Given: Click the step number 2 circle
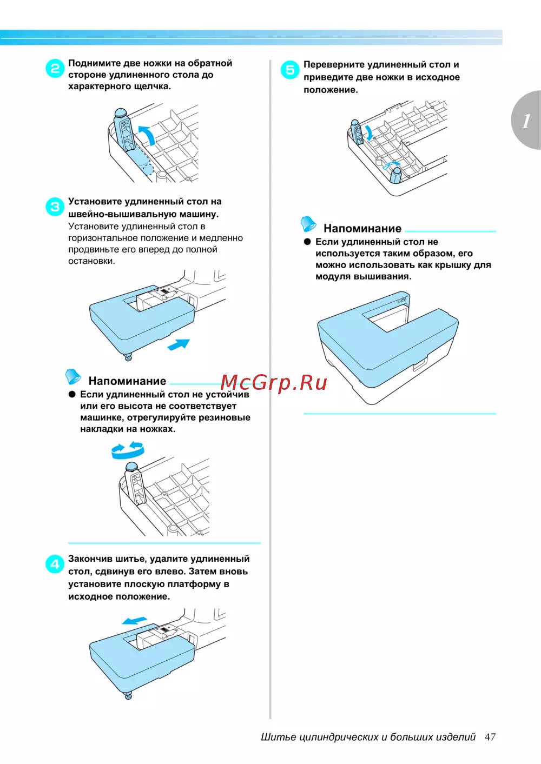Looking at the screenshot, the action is (55, 69).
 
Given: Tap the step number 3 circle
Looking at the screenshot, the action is (55, 207).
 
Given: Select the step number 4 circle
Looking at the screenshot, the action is (55, 564).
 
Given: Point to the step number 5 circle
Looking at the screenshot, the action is (290, 70).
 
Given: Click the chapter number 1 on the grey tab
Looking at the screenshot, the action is (526, 121).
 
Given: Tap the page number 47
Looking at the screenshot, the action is (490, 737).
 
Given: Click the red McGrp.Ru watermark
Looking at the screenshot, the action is (273, 382).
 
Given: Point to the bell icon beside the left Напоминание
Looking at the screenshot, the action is (73, 376).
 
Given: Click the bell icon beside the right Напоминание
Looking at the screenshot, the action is (308, 224).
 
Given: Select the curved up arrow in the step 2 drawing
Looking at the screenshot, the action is (148, 134).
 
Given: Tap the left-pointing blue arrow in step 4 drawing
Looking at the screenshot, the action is (135, 621).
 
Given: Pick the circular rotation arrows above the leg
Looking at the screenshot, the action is (128, 450).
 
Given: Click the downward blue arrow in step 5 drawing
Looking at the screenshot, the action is (369, 133).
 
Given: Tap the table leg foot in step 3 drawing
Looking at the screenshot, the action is (129, 356).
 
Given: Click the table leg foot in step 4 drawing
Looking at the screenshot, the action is (129, 695).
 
